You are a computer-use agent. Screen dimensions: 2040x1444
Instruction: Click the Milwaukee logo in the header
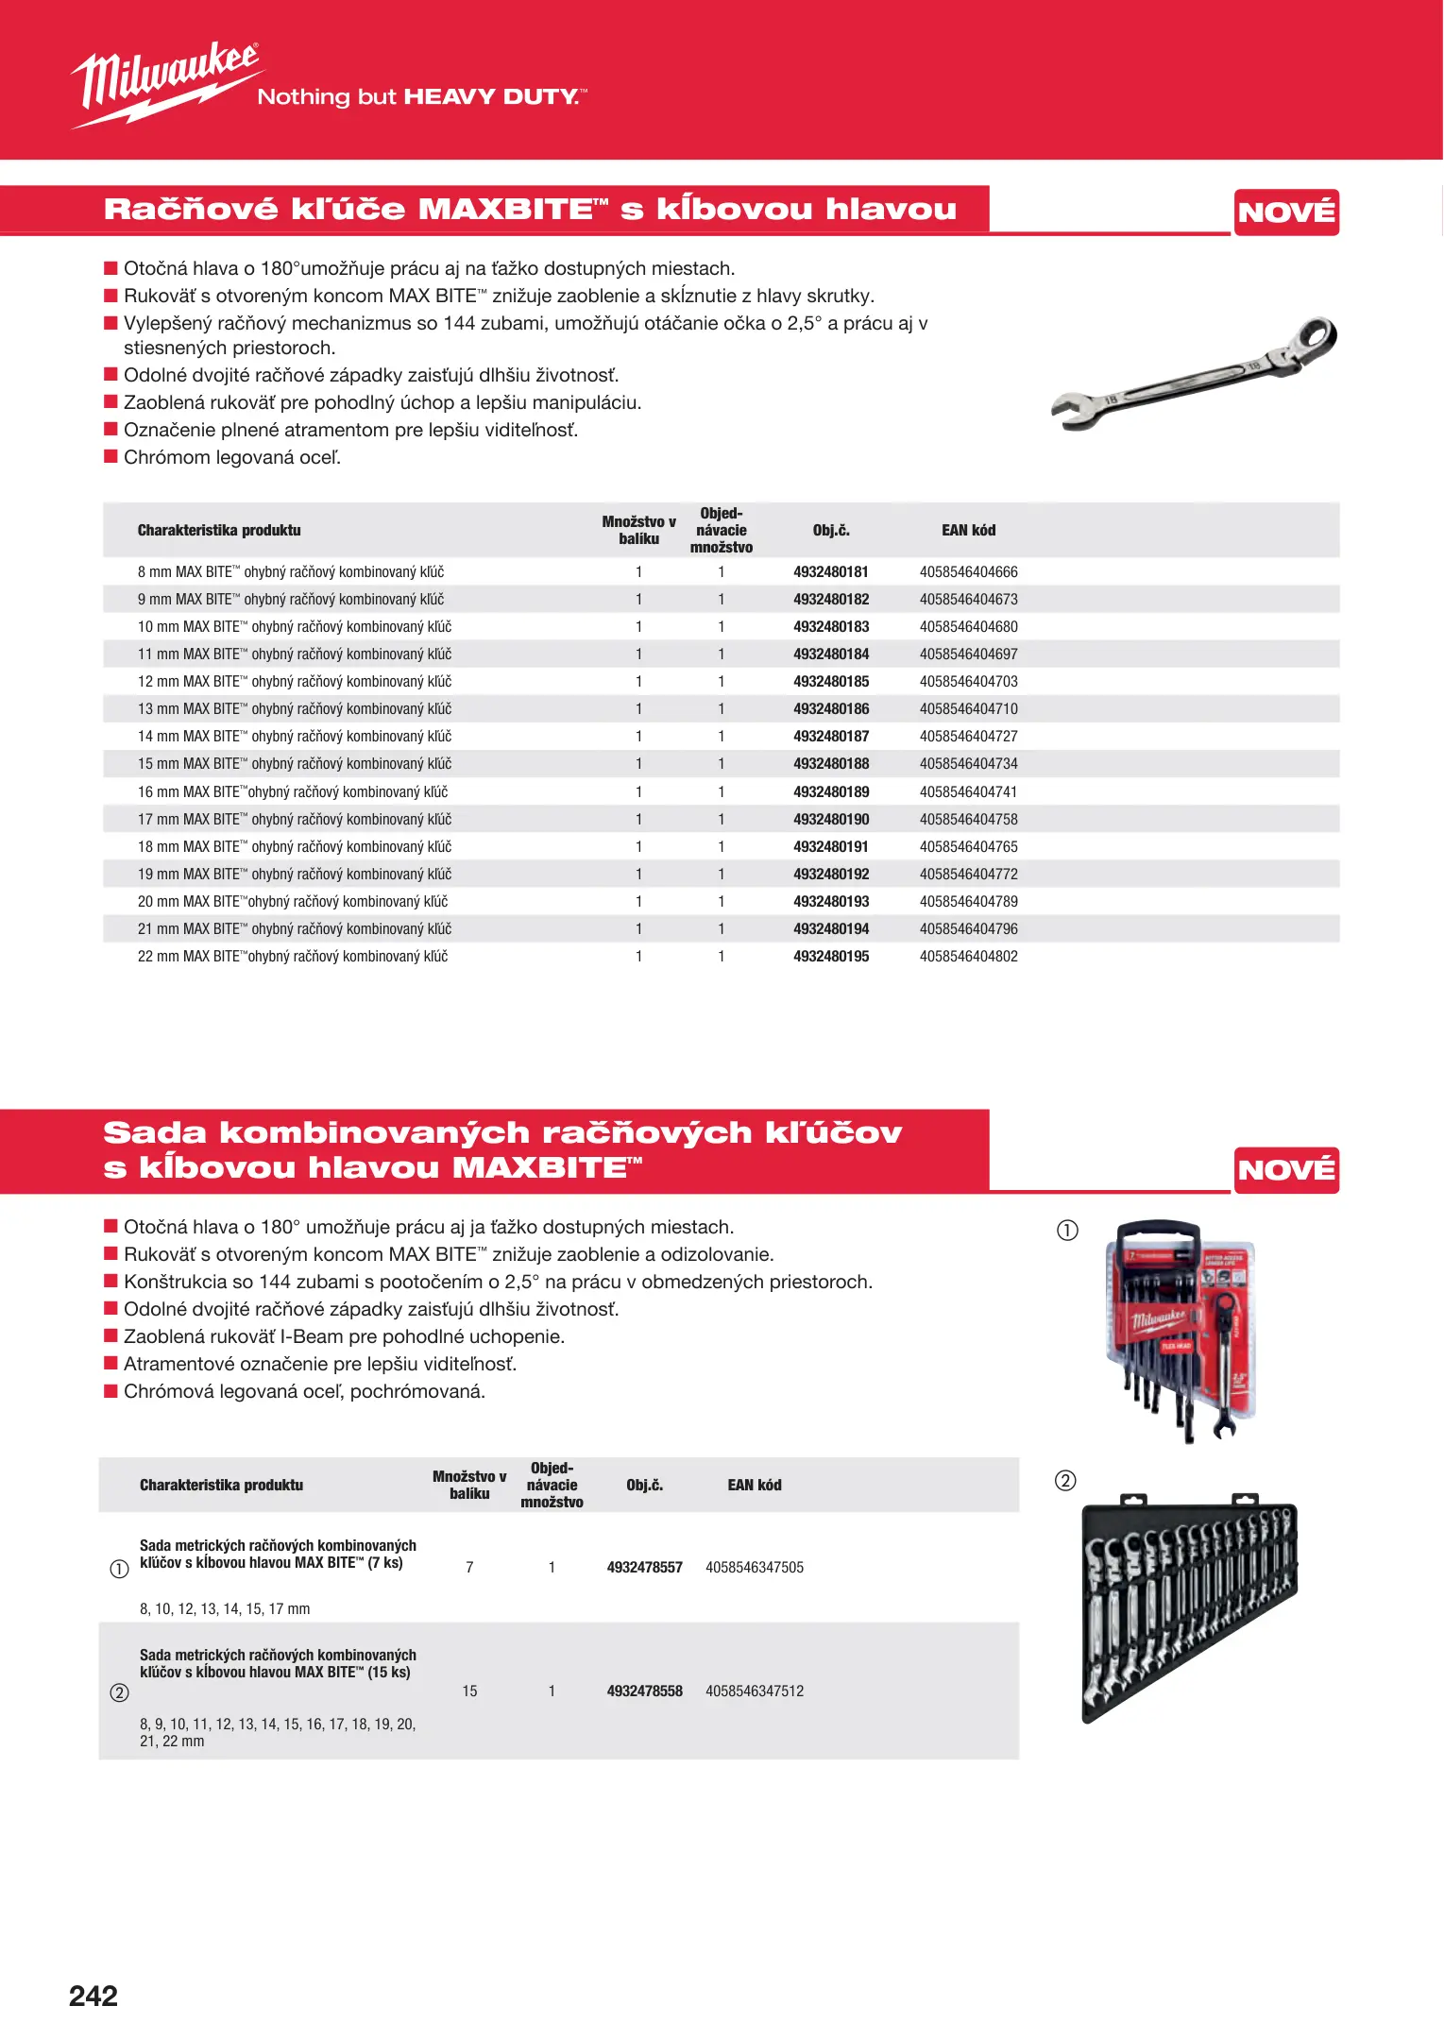coord(166,83)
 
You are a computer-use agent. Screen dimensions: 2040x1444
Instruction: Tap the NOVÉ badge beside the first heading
coord(1286,212)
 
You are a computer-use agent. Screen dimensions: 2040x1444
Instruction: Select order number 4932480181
coord(830,572)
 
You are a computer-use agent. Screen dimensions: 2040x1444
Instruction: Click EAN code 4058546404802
coord(968,957)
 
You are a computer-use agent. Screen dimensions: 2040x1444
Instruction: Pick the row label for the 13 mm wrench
coord(294,709)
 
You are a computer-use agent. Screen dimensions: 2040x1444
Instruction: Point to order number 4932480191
coord(830,847)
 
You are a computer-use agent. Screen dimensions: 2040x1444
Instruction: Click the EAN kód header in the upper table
coord(968,531)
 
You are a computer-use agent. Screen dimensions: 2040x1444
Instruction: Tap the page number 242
coord(93,1996)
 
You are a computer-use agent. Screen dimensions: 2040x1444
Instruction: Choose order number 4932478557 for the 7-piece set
coord(644,1568)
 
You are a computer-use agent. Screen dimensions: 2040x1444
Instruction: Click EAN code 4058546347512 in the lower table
coord(754,1691)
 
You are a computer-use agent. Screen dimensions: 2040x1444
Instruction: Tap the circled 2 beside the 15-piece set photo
coord(1065,1481)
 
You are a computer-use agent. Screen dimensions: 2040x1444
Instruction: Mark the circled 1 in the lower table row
coord(119,1569)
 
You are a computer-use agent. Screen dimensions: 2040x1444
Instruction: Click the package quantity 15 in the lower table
coord(469,1691)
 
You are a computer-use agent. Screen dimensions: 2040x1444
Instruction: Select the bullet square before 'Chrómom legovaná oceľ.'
coord(110,457)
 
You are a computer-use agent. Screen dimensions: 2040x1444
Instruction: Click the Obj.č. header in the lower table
coord(644,1486)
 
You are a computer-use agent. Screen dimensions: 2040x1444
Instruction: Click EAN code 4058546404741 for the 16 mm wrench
coord(968,792)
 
